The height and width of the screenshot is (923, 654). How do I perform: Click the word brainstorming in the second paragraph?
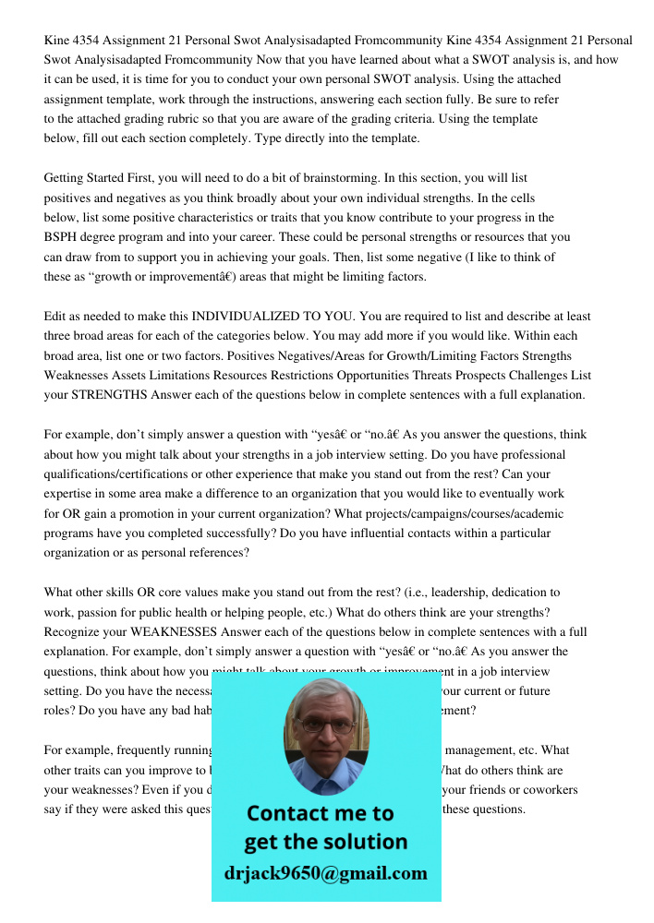(333, 178)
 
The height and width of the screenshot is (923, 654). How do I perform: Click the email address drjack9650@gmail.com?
(326, 873)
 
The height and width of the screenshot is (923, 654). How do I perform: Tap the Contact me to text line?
(321, 813)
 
